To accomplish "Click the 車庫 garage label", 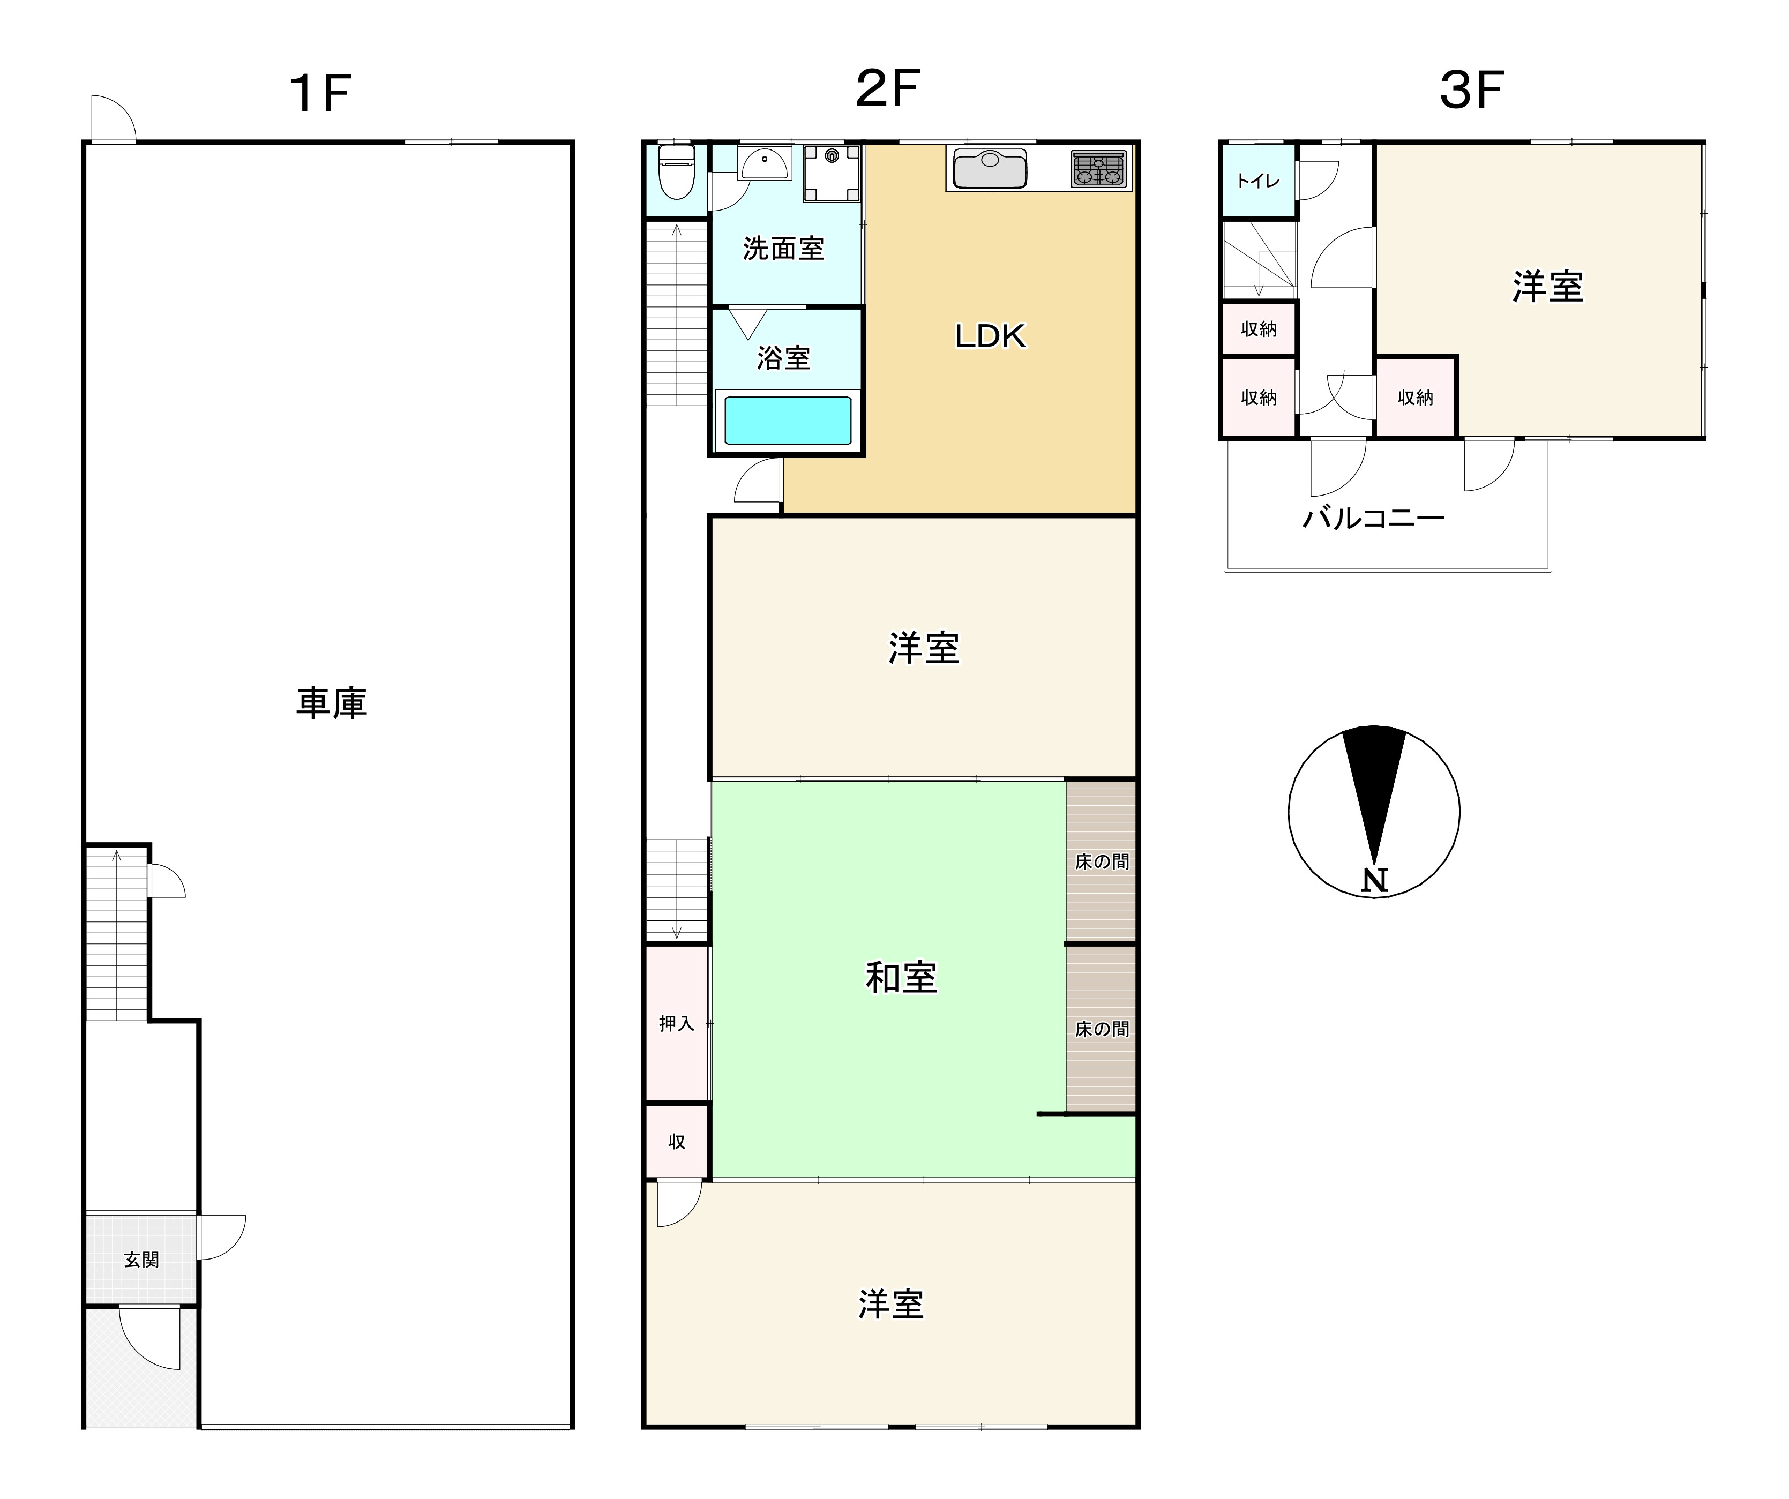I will [332, 703].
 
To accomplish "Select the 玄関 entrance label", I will [141, 1260].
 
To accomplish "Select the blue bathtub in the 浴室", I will [787, 421].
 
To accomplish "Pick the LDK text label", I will [990, 335].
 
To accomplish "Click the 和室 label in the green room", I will [901, 978].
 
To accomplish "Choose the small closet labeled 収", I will [676, 1141].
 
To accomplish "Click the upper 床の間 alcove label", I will [1102, 862].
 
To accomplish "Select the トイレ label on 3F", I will [1257, 181].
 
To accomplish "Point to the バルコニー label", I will [1373, 518].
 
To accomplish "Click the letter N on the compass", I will [1374, 880].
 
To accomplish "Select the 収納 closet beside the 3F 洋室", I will [1415, 398].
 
